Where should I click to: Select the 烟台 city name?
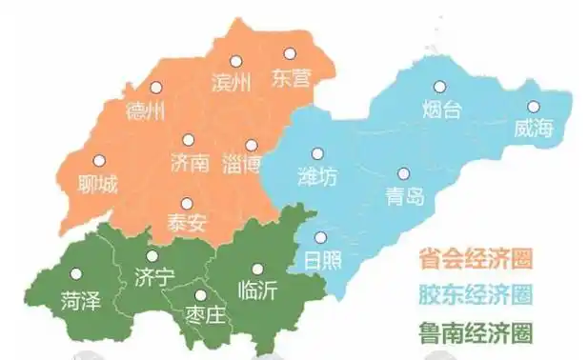point(441,110)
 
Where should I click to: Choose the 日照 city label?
point(320,259)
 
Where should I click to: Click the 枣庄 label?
point(205,313)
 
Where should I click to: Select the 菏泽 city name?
point(78,301)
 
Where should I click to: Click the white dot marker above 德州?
point(155,88)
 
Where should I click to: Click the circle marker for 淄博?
point(252,145)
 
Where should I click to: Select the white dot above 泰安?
point(186,203)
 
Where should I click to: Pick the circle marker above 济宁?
point(152,256)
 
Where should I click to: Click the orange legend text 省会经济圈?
point(474,258)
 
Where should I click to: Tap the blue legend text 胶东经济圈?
point(474,294)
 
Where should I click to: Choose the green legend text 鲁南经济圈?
point(474,332)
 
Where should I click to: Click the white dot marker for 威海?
point(533,107)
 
